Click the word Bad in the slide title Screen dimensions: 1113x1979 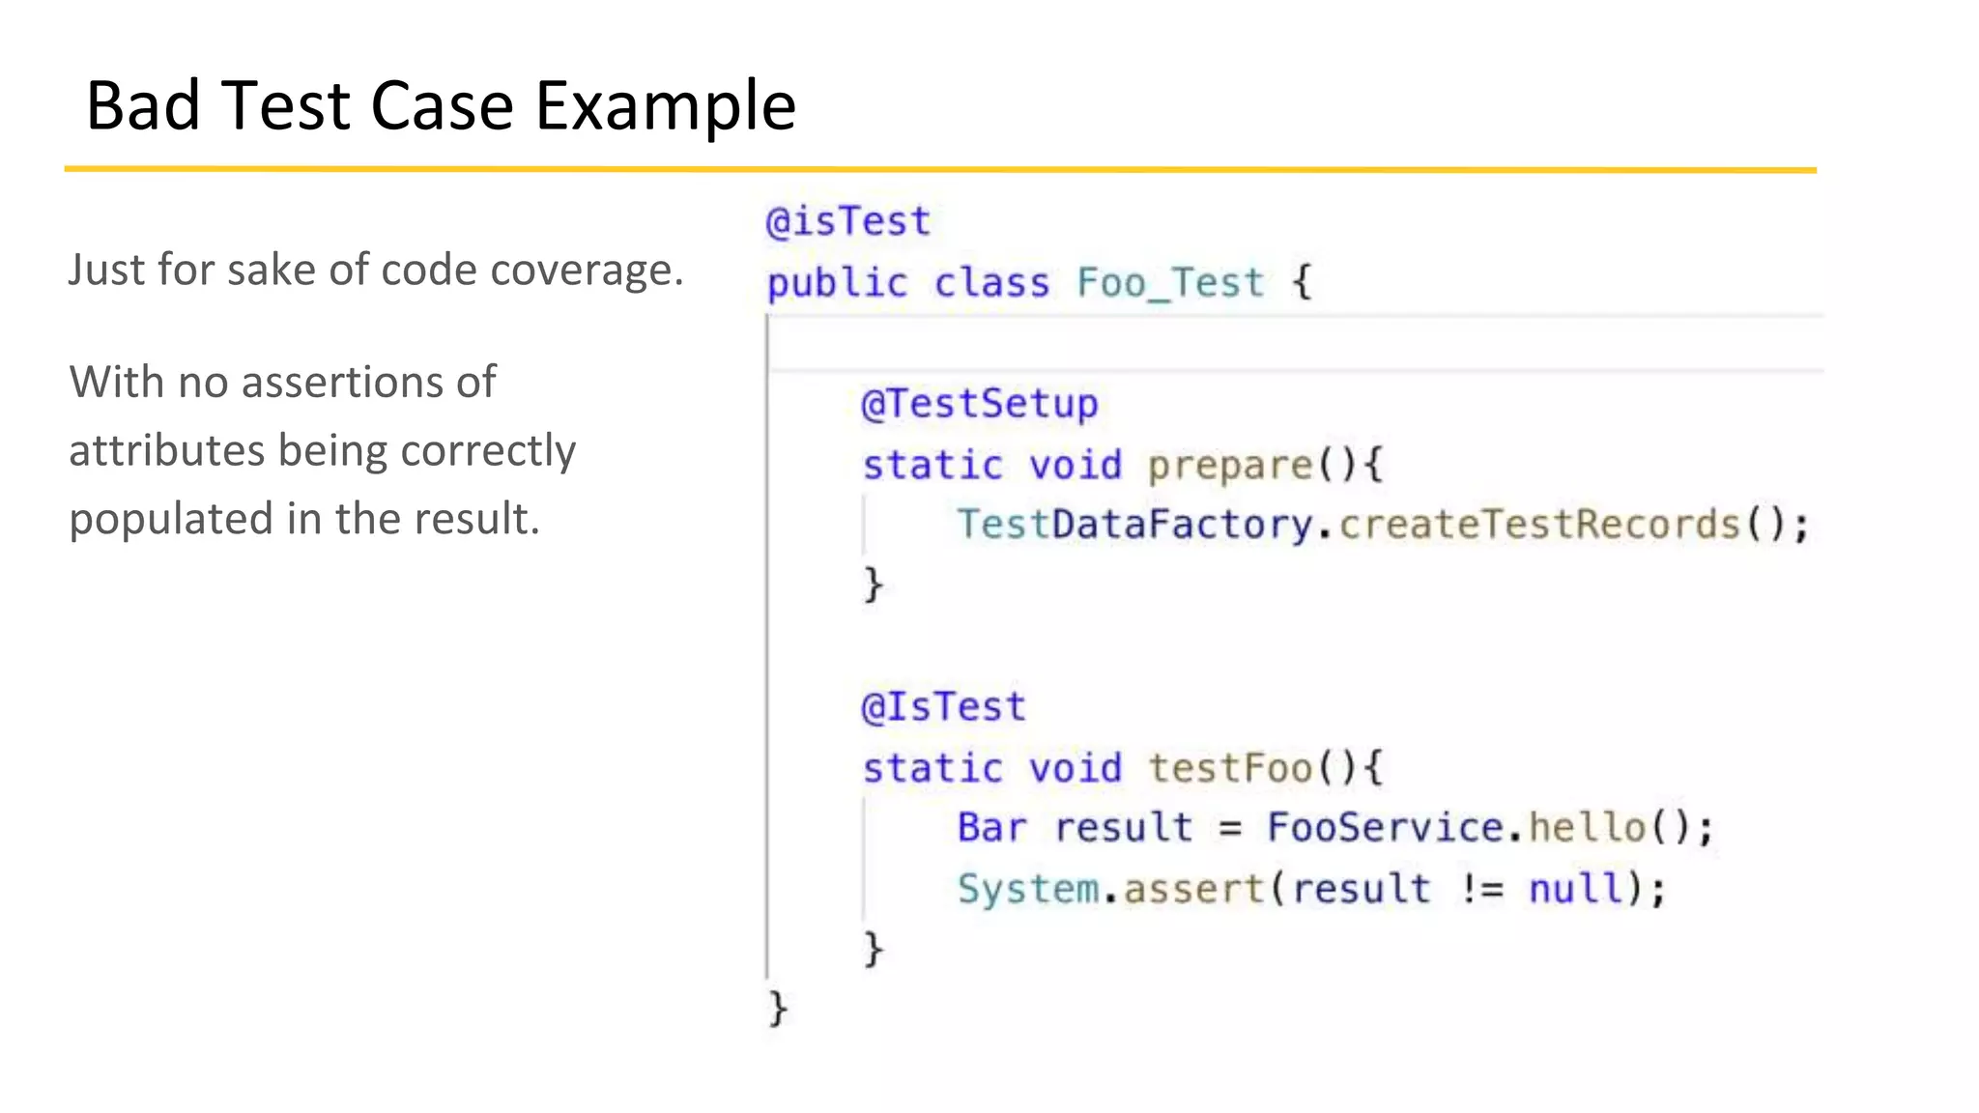[143, 105]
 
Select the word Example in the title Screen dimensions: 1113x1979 [666, 105]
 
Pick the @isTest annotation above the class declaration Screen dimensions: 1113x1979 [847, 222]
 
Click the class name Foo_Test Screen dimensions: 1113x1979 [1170, 283]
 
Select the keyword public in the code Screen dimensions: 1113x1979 [837, 283]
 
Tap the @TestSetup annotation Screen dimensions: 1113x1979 [979, 404]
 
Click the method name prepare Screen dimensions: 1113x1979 [1229, 466]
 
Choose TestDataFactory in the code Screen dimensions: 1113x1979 [1134, 525]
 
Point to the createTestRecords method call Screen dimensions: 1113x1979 [1539, 525]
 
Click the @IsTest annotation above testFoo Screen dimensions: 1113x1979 [943, 707]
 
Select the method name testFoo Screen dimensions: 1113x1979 [1229, 769]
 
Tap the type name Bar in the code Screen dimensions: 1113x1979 [991, 828]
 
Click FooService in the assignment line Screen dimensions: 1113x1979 [1385, 828]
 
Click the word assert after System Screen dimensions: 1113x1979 [1194, 889]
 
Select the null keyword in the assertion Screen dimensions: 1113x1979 [1575, 889]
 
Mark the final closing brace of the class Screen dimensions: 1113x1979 [778, 1009]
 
